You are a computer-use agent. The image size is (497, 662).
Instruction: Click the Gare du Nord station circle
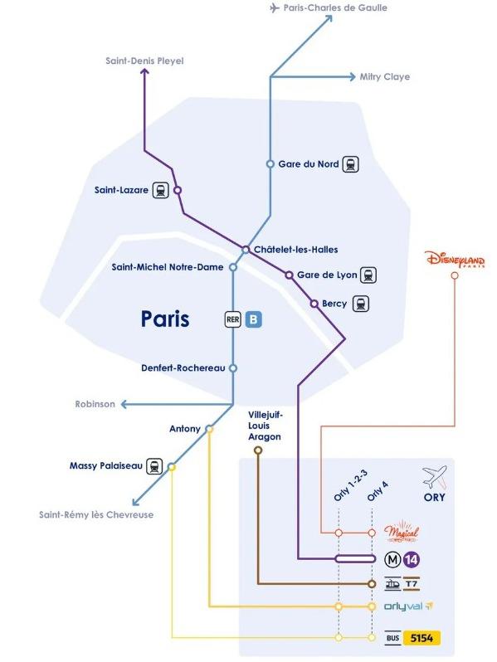(270, 163)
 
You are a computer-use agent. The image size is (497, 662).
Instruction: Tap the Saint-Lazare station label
(121, 190)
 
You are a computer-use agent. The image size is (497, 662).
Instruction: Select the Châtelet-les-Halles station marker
(246, 250)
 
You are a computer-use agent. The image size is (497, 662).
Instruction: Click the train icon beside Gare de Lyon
(368, 275)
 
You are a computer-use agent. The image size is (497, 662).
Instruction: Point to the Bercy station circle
(314, 304)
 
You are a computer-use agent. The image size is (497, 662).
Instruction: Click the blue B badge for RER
(253, 319)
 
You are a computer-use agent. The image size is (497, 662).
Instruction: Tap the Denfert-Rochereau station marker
(232, 368)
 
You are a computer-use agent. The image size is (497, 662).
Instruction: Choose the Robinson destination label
(95, 404)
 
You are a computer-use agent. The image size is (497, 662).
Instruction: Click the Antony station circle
(209, 429)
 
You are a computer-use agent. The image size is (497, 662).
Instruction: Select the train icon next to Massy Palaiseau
(154, 466)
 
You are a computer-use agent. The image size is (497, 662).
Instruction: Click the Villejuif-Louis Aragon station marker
(257, 450)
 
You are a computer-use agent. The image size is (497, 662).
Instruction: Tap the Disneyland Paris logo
(456, 259)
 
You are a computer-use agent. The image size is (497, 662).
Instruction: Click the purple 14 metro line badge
(411, 560)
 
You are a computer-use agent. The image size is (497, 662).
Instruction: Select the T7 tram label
(412, 584)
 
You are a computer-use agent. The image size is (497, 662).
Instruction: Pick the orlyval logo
(408, 606)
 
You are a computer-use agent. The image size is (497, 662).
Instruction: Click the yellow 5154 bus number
(421, 637)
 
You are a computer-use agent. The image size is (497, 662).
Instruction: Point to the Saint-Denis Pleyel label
(145, 61)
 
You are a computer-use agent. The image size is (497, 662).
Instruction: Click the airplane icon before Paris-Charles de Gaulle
(275, 7)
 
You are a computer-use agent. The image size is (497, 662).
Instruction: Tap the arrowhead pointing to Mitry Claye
(351, 77)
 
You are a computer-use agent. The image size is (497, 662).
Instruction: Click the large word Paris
(165, 319)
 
